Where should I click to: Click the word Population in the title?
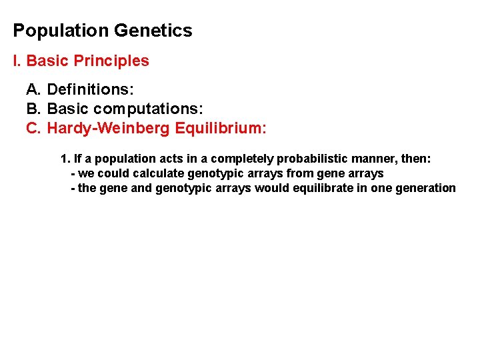click(61, 31)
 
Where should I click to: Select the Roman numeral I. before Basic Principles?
click(17, 61)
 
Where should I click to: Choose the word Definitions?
click(91, 89)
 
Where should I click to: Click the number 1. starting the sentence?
click(65, 159)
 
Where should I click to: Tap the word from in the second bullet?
click(301, 173)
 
